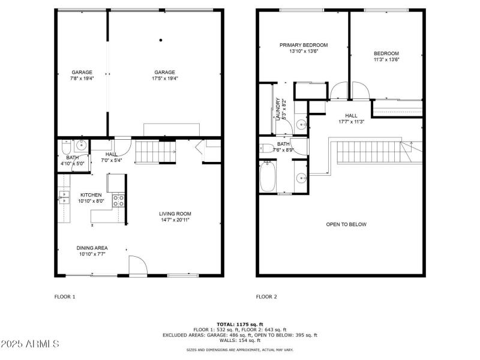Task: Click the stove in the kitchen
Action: pyautogui.click(x=118, y=200)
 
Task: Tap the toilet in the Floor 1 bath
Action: pyautogui.click(x=65, y=146)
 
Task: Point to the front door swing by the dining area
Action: pyautogui.click(x=137, y=265)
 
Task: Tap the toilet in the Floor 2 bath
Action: pyautogui.click(x=268, y=147)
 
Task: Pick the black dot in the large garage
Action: pyautogui.click(x=161, y=40)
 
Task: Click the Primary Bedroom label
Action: pyautogui.click(x=304, y=45)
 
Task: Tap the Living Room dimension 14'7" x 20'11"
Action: pyautogui.click(x=175, y=220)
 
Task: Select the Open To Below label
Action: pyautogui.click(x=346, y=224)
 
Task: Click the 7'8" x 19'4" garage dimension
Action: pyautogui.click(x=82, y=78)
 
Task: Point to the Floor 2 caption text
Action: pyautogui.click(x=266, y=296)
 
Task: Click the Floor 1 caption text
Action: pyautogui.click(x=65, y=296)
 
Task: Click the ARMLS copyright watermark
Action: pyautogui.click(x=30, y=344)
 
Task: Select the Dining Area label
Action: pyautogui.click(x=92, y=248)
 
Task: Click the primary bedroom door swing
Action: pyautogui.click(x=338, y=91)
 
